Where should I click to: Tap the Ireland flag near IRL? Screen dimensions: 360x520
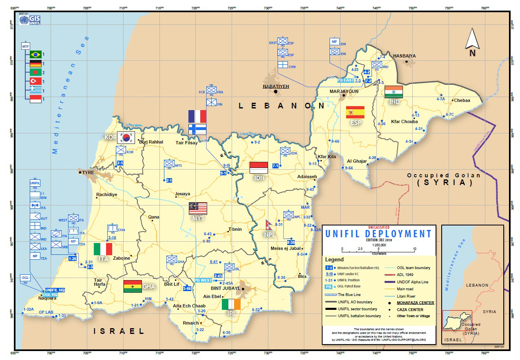[x=231, y=304]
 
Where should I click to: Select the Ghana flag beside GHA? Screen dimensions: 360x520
[x=133, y=286]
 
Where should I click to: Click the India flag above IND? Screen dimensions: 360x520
[x=394, y=92]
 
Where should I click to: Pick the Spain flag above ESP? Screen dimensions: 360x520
[x=355, y=112]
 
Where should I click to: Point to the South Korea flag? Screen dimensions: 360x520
[x=126, y=138]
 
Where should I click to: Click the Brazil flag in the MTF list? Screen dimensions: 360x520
[x=36, y=54]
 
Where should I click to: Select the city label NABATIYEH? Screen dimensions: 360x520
[x=275, y=86]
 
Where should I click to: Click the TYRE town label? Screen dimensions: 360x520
[x=88, y=172]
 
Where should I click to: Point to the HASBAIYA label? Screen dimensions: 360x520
[x=404, y=55]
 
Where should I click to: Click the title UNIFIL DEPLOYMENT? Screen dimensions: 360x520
[x=378, y=234]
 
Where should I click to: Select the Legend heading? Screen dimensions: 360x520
[x=334, y=259]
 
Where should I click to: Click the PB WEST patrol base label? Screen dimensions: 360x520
[x=203, y=280]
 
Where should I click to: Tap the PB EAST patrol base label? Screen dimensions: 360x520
[x=346, y=80]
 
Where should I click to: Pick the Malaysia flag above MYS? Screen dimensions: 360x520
[x=198, y=208]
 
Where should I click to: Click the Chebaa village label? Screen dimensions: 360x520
[x=462, y=100]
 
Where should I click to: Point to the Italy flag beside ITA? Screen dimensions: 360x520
[x=103, y=249]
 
